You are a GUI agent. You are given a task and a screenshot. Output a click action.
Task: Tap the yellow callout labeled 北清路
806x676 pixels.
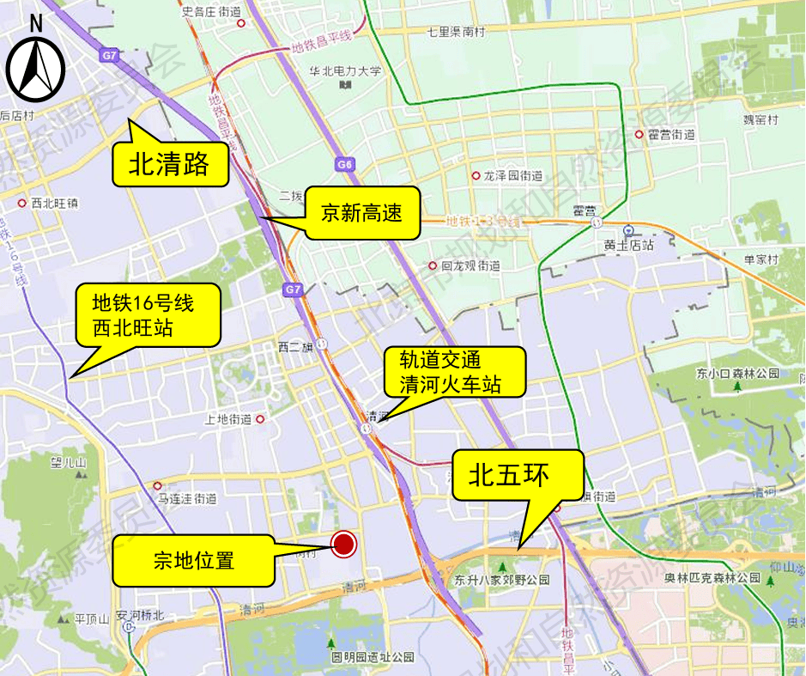click(x=170, y=164)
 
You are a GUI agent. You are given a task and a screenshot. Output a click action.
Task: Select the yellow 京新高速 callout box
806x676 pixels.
click(x=361, y=212)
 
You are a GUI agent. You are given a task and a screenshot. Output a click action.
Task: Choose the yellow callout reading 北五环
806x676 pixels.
click(x=518, y=475)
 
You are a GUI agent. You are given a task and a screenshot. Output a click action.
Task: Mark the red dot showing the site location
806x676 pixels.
click(x=343, y=543)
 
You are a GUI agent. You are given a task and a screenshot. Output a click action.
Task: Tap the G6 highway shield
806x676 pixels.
click(x=344, y=164)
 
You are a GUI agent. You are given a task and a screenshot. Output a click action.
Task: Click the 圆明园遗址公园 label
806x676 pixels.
click(x=373, y=657)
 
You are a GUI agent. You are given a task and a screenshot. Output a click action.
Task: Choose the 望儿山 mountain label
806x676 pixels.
click(x=69, y=464)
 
